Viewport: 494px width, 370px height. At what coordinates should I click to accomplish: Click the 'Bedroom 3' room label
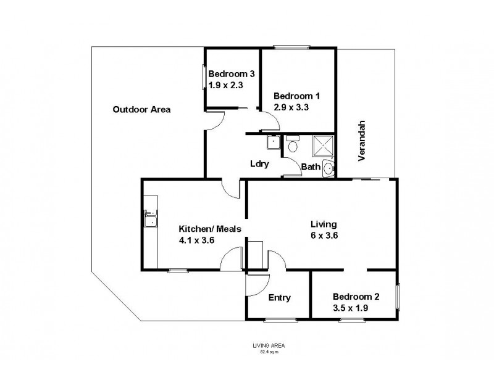[x=232, y=74]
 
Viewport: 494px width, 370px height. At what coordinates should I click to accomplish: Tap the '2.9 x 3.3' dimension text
[x=291, y=107]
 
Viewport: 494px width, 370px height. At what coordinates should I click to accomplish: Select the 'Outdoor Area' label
[x=141, y=110]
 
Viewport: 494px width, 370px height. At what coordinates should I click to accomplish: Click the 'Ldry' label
[x=258, y=164]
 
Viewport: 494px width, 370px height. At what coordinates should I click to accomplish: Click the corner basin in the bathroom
[x=329, y=168]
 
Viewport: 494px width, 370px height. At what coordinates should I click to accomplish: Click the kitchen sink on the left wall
[x=150, y=219]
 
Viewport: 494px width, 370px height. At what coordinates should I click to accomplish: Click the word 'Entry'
[x=279, y=298]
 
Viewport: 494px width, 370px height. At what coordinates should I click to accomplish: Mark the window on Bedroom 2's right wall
[x=398, y=298]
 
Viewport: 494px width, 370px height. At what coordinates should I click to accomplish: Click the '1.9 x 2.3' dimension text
[x=227, y=86]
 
